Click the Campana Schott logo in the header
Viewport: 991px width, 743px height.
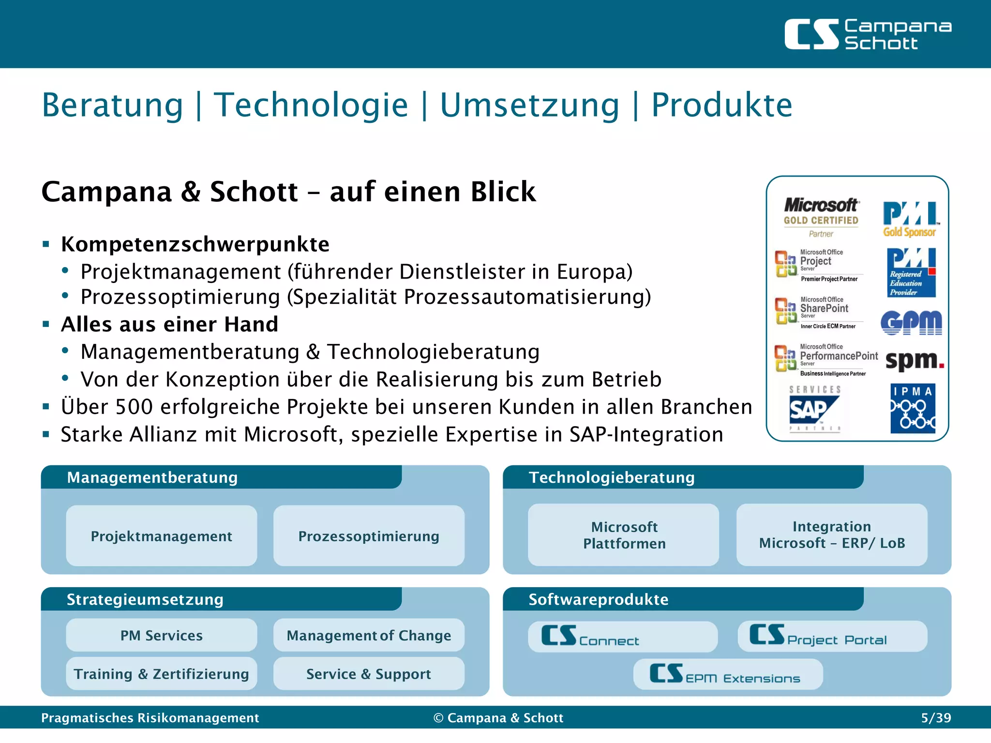867,34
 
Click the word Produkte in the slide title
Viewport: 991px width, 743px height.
721,105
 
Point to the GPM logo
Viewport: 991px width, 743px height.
911,323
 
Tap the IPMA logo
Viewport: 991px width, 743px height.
913,408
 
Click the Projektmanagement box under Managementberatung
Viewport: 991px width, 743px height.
161,536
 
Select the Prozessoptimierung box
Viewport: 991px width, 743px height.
369,536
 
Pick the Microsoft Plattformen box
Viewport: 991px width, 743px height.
624,535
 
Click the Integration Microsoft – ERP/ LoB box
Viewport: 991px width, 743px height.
832,535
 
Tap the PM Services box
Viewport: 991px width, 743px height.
161,635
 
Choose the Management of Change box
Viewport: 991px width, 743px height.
369,635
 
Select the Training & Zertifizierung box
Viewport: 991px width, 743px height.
161,674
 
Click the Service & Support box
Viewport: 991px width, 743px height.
369,674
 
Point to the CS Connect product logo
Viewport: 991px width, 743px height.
590,637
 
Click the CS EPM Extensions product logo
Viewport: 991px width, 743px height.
724,674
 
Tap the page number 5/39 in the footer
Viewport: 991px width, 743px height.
935,718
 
